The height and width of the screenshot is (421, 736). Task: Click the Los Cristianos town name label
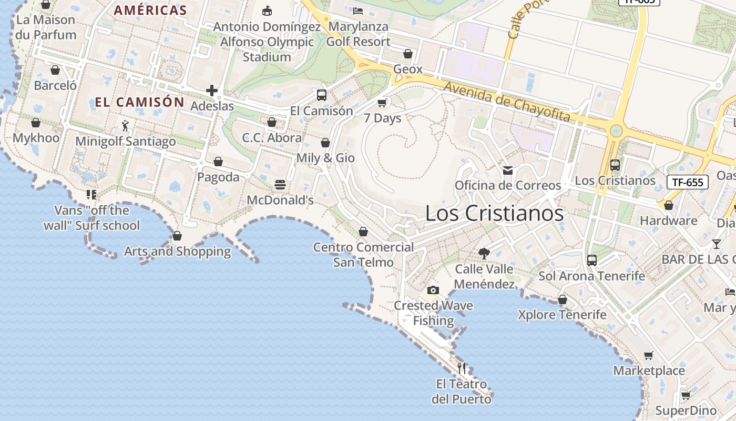point(494,213)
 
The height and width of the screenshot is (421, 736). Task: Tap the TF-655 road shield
point(688,183)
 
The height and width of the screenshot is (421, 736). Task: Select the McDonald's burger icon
point(280,185)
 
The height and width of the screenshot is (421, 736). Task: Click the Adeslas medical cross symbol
point(212,91)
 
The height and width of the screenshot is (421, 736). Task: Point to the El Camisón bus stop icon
point(322,95)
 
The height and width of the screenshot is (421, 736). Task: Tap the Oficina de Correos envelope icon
point(508,170)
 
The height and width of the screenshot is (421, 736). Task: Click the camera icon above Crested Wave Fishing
point(433,290)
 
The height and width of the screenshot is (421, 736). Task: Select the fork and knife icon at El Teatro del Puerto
point(462,368)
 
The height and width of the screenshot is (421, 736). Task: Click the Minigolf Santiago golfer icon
point(125,126)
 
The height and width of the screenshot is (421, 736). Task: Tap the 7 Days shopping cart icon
point(382,103)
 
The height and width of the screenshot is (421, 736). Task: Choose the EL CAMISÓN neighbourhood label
point(139,102)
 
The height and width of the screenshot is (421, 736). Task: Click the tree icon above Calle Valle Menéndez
point(484,254)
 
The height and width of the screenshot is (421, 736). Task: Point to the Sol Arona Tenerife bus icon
point(592,260)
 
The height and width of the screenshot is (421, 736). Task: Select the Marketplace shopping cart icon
point(649,355)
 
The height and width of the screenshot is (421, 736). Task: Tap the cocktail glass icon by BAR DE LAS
point(716,244)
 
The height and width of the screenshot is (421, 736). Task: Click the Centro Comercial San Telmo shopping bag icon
point(363,232)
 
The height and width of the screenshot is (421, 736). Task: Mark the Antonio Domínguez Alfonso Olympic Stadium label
point(267,42)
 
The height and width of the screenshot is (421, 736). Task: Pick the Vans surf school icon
point(91,195)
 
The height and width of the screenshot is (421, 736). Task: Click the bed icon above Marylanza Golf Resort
point(358,11)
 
